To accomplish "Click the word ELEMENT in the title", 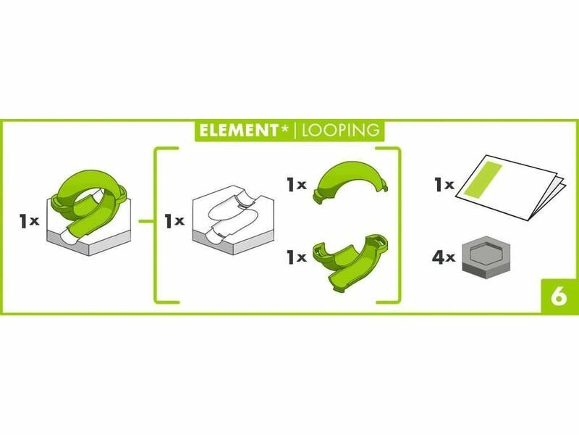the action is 239,130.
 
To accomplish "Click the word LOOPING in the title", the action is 341,130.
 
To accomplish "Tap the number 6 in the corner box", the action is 559,296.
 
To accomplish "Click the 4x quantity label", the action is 444,257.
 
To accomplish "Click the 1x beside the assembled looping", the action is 29,221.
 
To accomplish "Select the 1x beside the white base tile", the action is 174,221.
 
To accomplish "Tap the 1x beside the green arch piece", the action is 297,185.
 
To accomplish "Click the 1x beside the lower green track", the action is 297,257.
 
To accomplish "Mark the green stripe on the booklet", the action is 483,180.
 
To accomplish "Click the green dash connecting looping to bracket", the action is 146,222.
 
